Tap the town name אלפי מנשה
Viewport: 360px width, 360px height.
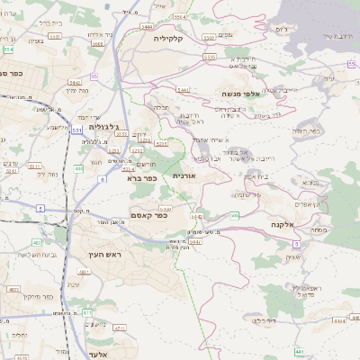pyautogui.click(x=242, y=93)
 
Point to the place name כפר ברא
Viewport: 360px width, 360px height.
pyautogui.click(x=142, y=177)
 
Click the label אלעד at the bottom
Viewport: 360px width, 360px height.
pyautogui.click(x=101, y=354)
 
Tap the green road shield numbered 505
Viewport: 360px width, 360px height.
pyautogui.click(x=233, y=215)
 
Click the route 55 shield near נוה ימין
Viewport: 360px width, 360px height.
pyautogui.click(x=94, y=76)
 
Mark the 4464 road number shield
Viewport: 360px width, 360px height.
pyautogui.click(x=338, y=319)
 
